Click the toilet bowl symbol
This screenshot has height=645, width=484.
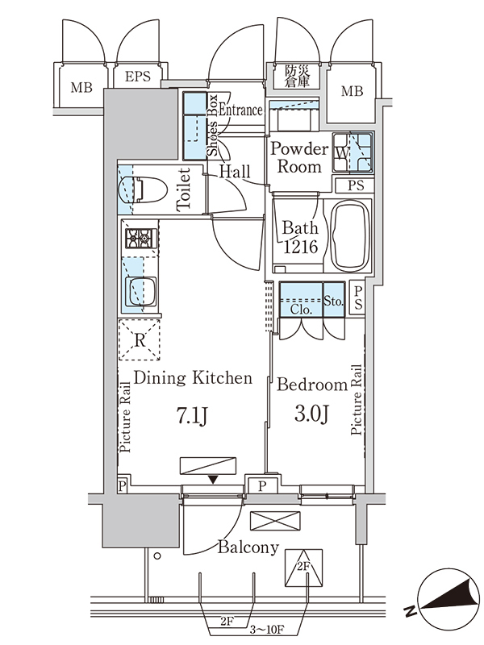[x=143, y=190]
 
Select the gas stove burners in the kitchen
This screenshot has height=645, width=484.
[x=141, y=239]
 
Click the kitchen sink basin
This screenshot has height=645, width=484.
[x=140, y=291]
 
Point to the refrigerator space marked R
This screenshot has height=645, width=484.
[x=139, y=340]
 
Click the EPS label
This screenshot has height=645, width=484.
[x=138, y=77]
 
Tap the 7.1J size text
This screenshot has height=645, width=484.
[x=192, y=416]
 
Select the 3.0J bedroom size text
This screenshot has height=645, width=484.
[x=311, y=414]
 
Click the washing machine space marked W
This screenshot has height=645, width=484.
[x=341, y=153]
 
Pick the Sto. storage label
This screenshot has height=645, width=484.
[x=333, y=301]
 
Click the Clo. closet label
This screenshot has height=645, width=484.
[x=301, y=310]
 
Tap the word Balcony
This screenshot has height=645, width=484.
[x=248, y=547]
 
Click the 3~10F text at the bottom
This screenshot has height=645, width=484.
[x=267, y=630]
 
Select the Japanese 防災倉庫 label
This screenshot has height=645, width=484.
[x=297, y=76]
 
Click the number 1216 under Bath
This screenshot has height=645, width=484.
[x=301, y=247]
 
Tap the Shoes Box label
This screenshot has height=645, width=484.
[x=212, y=125]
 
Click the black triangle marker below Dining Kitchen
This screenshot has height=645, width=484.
[x=213, y=480]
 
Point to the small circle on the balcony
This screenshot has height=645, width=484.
[x=157, y=556]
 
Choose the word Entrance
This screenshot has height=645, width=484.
[x=240, y=110]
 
